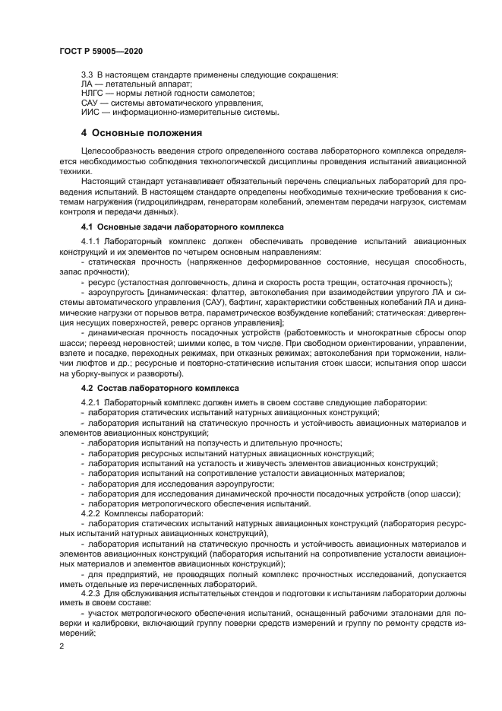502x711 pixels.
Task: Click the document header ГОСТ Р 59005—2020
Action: (x=100, y=51)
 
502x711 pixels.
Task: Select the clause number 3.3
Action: (x=87, y=74)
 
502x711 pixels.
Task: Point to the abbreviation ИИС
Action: (x=90, y=112)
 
